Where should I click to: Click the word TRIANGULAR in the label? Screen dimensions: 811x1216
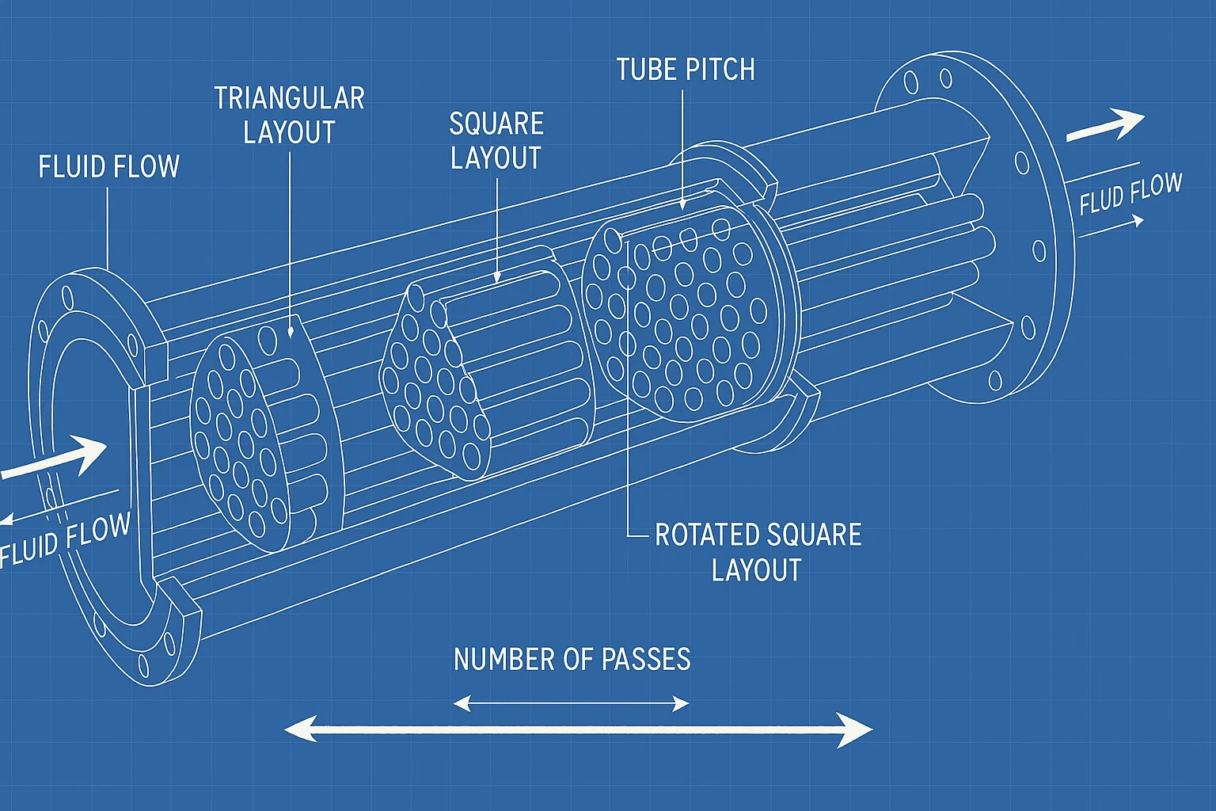click(289, 99)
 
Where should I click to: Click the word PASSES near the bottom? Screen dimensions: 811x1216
click(646, 659)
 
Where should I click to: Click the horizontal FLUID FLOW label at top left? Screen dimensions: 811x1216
click(109, 167)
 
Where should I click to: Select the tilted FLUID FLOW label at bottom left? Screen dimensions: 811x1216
click(65, 542)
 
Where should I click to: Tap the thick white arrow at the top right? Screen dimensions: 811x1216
click(1105, 125)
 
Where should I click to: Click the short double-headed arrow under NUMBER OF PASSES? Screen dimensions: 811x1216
click(571, 703)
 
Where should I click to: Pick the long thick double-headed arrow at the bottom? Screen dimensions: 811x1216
click(578, 730)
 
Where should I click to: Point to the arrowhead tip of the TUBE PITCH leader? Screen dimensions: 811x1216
click(683, 207)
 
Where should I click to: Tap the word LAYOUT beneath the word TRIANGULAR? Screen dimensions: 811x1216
click(289, 132)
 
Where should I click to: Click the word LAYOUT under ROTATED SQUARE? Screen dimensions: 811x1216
click(756, 570)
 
